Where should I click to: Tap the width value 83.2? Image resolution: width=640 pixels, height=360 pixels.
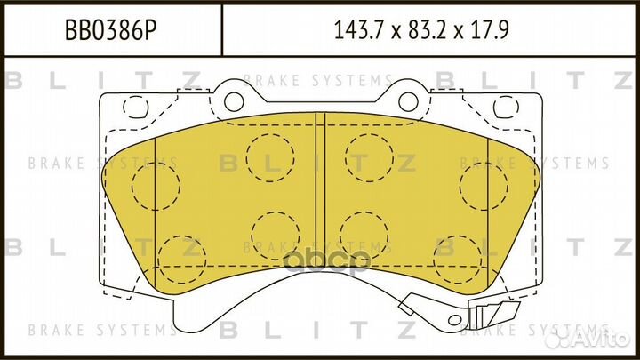(x=432, y=33)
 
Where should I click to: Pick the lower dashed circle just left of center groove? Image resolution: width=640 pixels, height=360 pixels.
(x=274, y=234)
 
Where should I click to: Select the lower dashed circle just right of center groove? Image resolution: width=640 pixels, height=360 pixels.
(x=364, y=234)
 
